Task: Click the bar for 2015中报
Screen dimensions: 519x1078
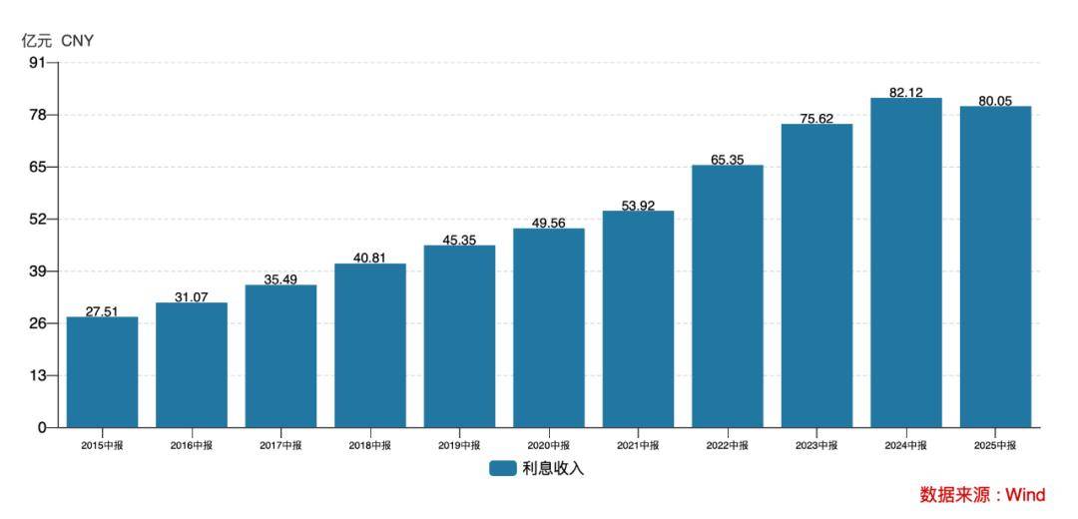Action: click(x=102, y=371)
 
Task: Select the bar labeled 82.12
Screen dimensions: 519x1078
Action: click(x=905, y=262)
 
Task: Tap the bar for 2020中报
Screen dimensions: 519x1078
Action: click(x=549, y=327)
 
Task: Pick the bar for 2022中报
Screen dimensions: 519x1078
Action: click(x=727, y=295)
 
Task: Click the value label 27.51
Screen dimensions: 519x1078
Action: click(x=102, y=311)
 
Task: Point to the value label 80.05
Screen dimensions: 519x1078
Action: click(x=995, y=101)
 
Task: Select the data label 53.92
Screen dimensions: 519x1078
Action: click(x=638, y=206)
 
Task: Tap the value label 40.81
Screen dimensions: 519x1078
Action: click(x=370, y=258)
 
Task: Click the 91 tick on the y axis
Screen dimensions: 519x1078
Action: click(x=37, y=63)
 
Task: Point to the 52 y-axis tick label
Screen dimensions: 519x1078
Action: click(x=37, y=219)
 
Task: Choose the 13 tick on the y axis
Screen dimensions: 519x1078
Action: click(x=37, y=375)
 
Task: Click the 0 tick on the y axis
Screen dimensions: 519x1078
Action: click(x=41, y=427)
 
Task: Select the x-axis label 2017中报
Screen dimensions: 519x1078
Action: click(x=280, y=445)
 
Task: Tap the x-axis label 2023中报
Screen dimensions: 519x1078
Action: click(x=816, y=445)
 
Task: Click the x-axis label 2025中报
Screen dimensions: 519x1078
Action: click(x=995, y=445)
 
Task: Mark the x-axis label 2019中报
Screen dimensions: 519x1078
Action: click(x=459, y=445)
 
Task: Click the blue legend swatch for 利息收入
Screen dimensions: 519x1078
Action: click(x=502, y=468)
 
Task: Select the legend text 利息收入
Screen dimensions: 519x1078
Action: click(x=553, y=468)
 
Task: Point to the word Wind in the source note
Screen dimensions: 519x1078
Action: click(x=1024, y=495)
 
